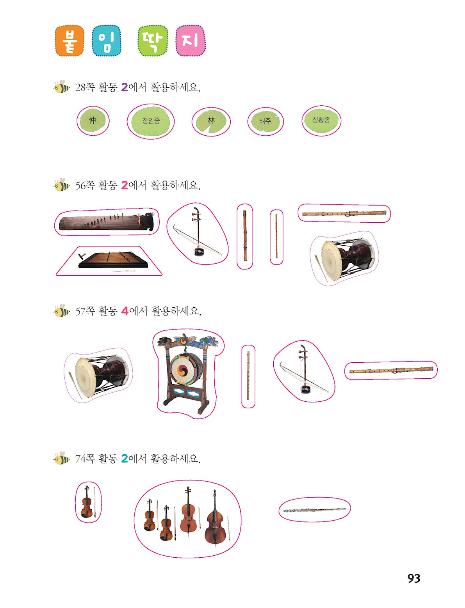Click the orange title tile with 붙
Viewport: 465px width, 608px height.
tap(69, 41)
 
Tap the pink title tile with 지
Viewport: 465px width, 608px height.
tap(191, 41)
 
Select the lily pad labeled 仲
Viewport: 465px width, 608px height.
tap(93, 121)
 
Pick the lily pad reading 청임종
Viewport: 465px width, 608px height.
tap(151, 121)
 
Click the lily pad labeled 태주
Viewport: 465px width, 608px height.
tap(265, 121)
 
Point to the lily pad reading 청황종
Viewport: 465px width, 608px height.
tap(321, 121)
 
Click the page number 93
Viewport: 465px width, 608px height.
tap(414, 578)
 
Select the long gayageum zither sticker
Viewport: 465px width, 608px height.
tap(107, 222)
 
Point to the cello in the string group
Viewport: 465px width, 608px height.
tap(188, 510)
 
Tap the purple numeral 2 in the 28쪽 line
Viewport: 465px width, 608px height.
tap(125, 87)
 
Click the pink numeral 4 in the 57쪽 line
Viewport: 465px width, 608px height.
tap(125, 311)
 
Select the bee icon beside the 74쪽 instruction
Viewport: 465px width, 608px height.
tap(61, 458)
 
